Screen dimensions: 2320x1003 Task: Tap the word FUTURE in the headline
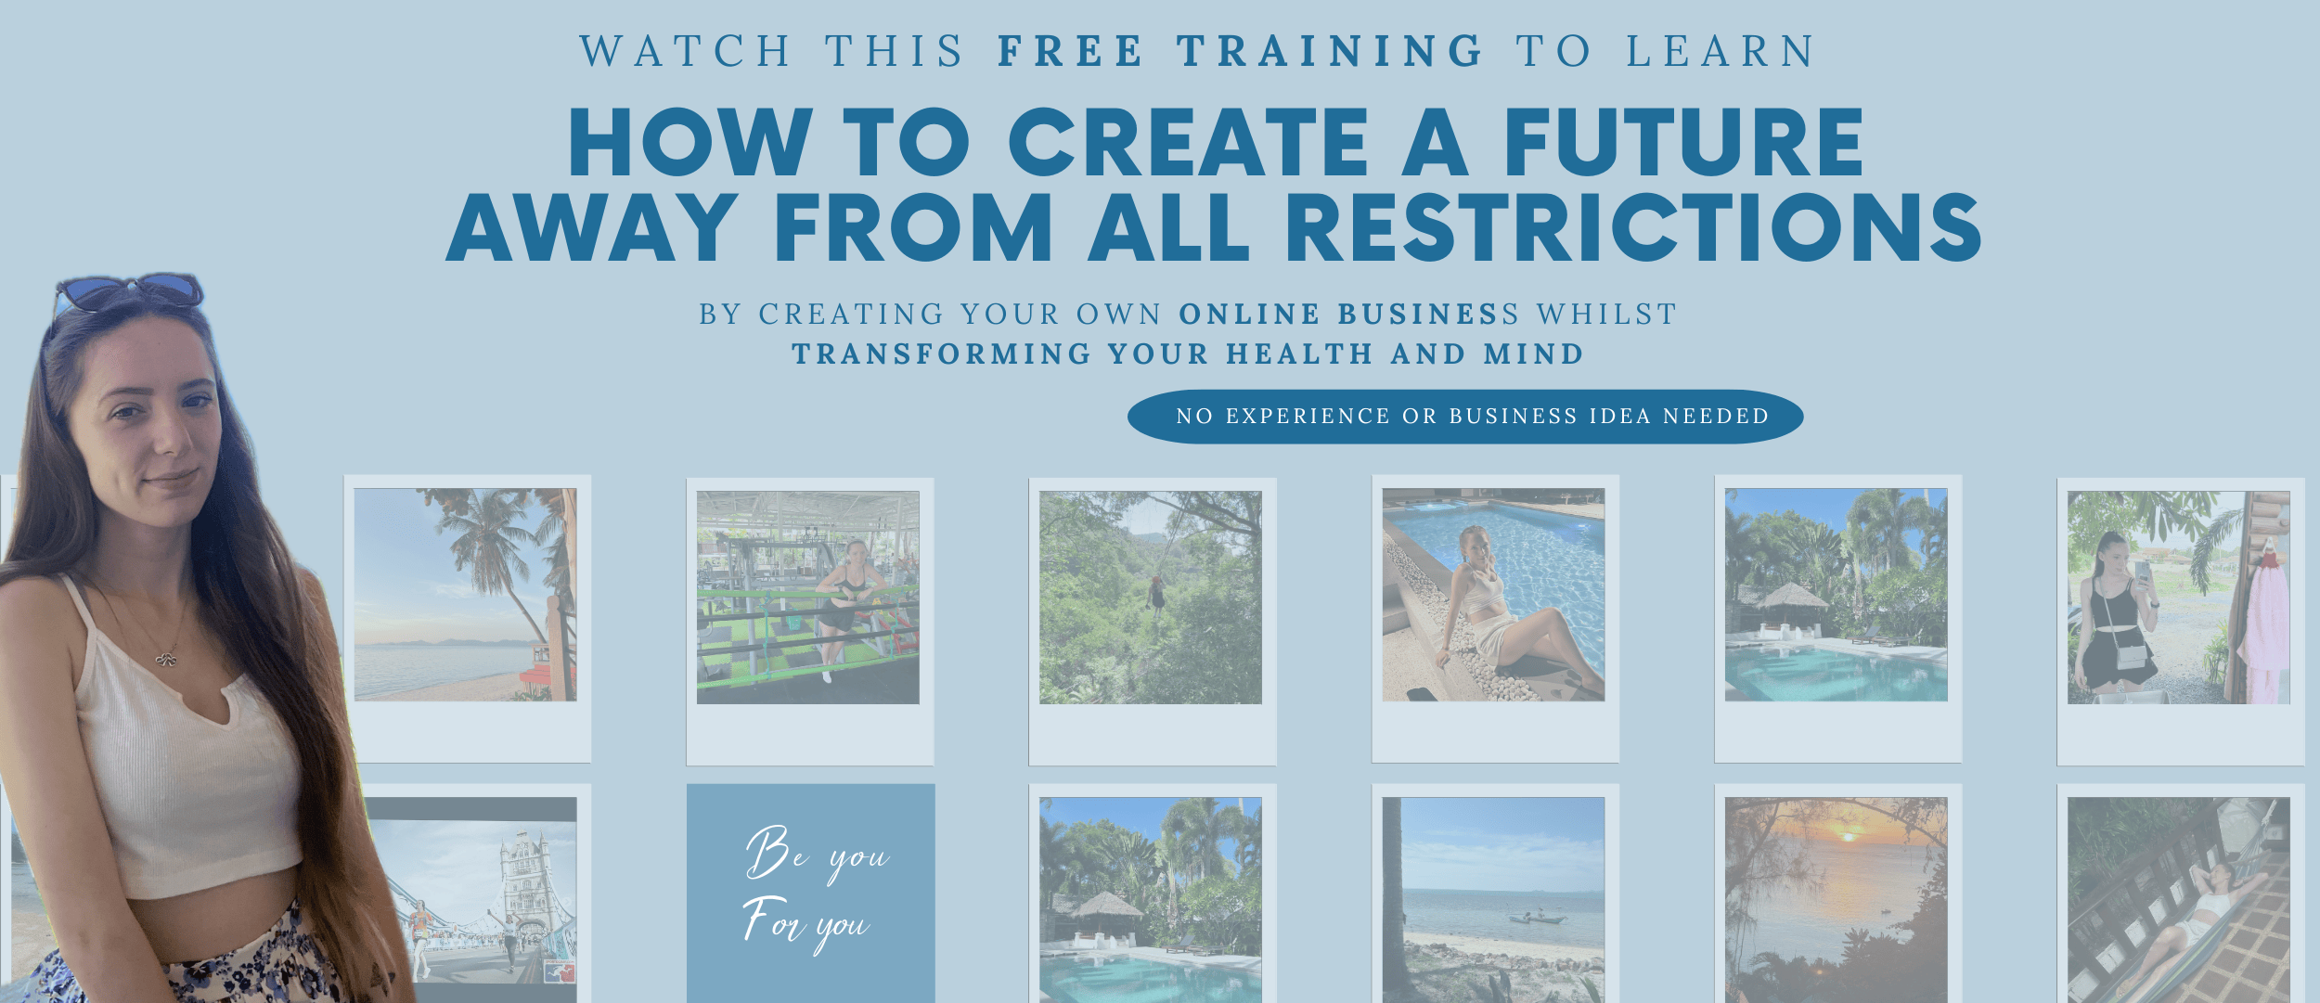click(x=1683, y=141)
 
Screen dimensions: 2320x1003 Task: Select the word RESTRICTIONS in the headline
click(x=1633, y=227)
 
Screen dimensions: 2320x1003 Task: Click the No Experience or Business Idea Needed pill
click(x=1465, y=417)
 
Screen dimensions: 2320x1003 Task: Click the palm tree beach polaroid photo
click(x=465, y=595)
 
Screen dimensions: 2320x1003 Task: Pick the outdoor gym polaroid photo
click(x=807, y=598)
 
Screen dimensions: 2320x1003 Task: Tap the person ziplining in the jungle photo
click(x=1157, y=594)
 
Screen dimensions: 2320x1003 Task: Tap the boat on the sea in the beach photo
click(x=1536, y=919)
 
